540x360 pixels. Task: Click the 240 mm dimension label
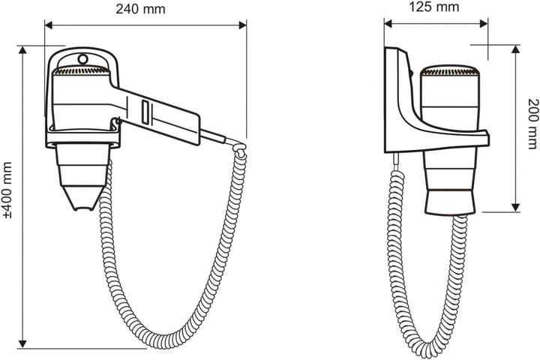pos(140,9)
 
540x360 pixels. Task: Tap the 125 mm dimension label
pos(434,7)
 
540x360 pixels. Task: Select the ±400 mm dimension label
pos(7,190)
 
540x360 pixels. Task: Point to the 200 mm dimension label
pos(532,123)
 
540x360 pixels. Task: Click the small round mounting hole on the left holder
pos(82,59)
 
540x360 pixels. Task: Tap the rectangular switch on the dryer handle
pos(145,112)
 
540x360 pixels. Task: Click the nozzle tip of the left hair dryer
pos(84,208)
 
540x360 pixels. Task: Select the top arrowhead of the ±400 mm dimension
pos(22,50)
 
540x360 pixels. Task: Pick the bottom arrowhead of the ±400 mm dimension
pos(22,343)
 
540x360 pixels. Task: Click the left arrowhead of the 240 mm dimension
pos(49,25)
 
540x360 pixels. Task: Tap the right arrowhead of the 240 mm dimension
pos(242,25)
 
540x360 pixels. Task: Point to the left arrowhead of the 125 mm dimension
pos(388,23)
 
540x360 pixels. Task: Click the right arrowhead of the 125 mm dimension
pos(484,23)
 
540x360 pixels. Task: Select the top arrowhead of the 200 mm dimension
pos(515,49)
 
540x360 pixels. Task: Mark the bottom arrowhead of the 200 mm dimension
pos(515,207)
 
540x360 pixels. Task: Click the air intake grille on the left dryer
pos(82,70)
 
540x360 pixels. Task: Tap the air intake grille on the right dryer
pos(450,71)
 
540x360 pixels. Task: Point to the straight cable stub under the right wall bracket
pos(397,161)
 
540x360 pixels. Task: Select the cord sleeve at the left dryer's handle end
pos(213,135)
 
